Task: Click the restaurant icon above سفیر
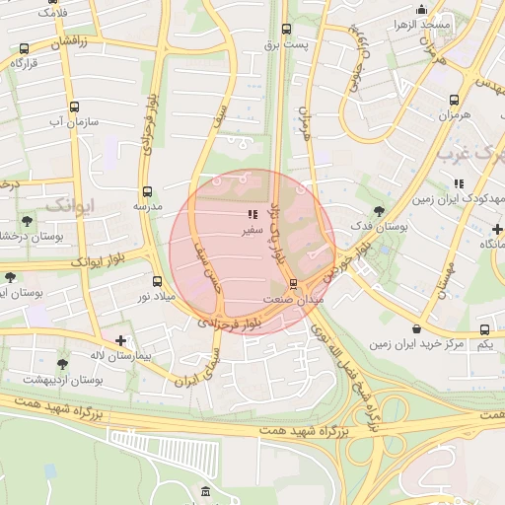tap(253, 213)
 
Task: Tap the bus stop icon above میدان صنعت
tap(293, 283)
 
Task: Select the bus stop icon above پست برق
tap(286, 29)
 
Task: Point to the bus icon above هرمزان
tap(454, 100)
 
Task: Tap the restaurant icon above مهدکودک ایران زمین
tap(459, 182)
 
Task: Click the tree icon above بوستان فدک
tap(380, 210)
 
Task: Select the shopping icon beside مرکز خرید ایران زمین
tap(417, 328)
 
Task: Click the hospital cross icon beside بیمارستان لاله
tap(120, 340)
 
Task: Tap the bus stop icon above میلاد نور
tap(157, 281)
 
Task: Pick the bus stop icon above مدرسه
tap(147, 191)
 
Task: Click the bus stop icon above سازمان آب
tap(74, 107)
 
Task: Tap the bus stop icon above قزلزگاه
tap(24, 47)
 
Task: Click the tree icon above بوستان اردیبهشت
tap(63, 364)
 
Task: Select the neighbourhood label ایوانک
tap(69, 205)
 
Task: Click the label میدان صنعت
tap(292, 298)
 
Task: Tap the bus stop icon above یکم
tap(484, 329)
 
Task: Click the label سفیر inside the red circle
tap(253, 229)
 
